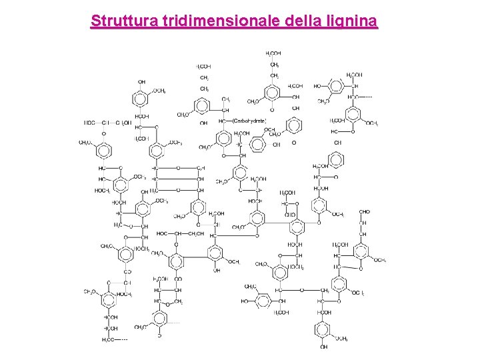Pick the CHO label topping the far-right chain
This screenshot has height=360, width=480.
click(x=364, y=212)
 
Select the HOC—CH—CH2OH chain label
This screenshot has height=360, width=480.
click(x=181, y=233)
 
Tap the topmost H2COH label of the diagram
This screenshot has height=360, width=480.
click(x=273, y=53)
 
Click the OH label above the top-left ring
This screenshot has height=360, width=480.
click(x=141, y=82)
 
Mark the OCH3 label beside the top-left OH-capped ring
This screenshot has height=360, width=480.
click(x=159, y=91)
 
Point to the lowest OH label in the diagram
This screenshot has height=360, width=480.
click(x=323, y=347)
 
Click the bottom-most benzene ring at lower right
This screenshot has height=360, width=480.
click(x=323, y=329)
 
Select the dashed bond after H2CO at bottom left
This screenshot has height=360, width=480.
click(x=122, y=339)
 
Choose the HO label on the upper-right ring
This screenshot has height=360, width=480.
click(x=317, y=86)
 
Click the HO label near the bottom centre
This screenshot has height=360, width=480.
click(x=245, y=301)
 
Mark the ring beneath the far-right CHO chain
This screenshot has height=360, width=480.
click(x=361, y=252)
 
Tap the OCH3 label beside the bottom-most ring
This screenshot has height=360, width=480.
click(x=341, y=339)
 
